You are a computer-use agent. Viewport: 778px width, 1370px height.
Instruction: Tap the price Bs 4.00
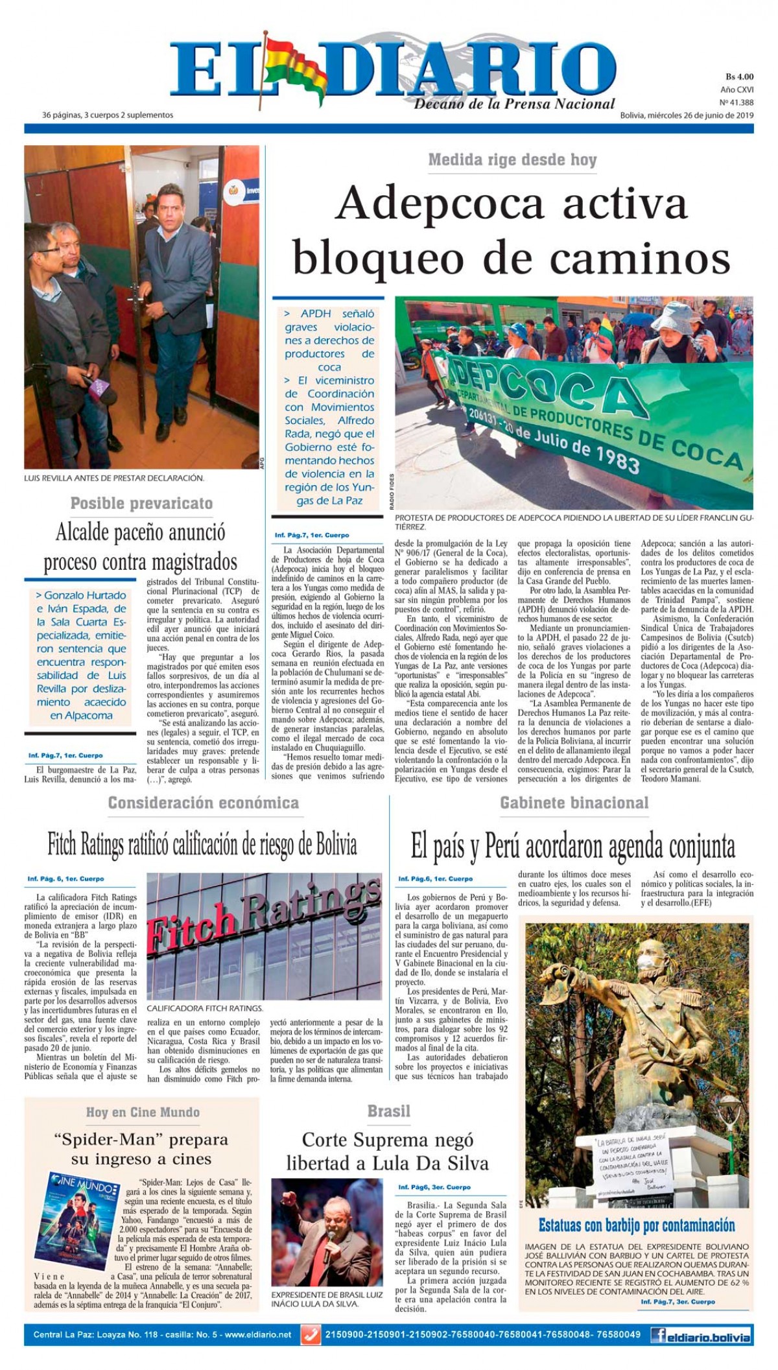pyautogui.click(x=738, y=76)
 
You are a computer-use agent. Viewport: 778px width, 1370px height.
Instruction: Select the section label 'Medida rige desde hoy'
pyautogui.click(x=512, y=159)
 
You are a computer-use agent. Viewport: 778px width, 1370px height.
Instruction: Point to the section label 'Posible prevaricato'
pyautogui.click(x=141, y=503)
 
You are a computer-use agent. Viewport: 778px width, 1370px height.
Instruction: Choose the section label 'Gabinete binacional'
pyautogui.click(x=574, y=803)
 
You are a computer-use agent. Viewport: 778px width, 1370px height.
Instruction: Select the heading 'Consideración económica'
pyautogui.click(x=203, y=803)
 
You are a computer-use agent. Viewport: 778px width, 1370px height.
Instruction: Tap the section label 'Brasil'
pyautogui.click(x=388, y=1111)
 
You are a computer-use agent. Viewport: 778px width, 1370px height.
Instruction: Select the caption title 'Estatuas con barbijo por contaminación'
pyautogui.click(x=636, y=1225)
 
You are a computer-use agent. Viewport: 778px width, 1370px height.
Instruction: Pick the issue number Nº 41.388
pyautogui.click(x=736, y=102)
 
